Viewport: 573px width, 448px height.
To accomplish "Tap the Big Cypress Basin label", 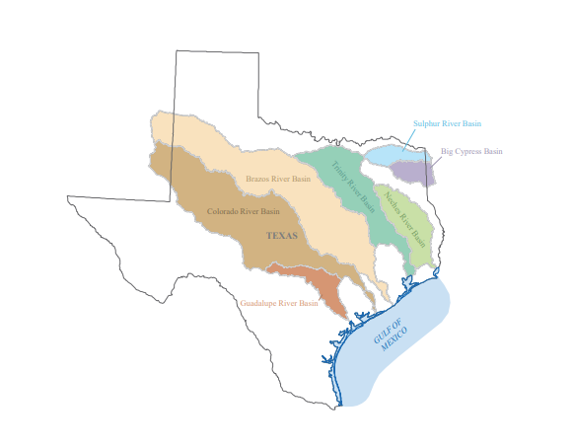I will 471,151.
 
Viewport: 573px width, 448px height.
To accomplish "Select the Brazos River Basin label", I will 278,180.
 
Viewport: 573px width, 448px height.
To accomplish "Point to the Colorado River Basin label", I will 243,211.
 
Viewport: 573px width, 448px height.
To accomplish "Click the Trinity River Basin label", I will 354,187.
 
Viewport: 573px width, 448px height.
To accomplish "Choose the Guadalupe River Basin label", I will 279,303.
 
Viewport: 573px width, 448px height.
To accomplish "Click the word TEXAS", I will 282,236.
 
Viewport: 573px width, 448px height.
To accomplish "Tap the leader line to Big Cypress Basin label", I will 434,159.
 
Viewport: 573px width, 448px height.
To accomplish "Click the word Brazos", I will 258,180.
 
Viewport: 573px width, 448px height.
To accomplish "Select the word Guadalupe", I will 260,303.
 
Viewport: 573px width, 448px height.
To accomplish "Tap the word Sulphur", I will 426,124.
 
